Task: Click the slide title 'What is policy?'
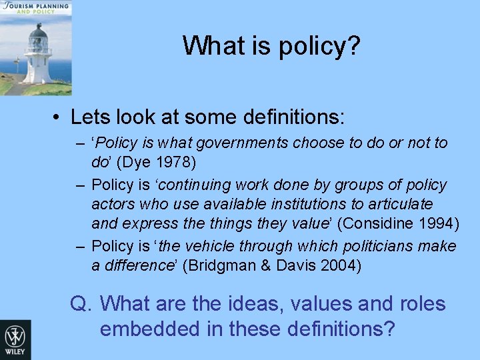click(x=271, y=45)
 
